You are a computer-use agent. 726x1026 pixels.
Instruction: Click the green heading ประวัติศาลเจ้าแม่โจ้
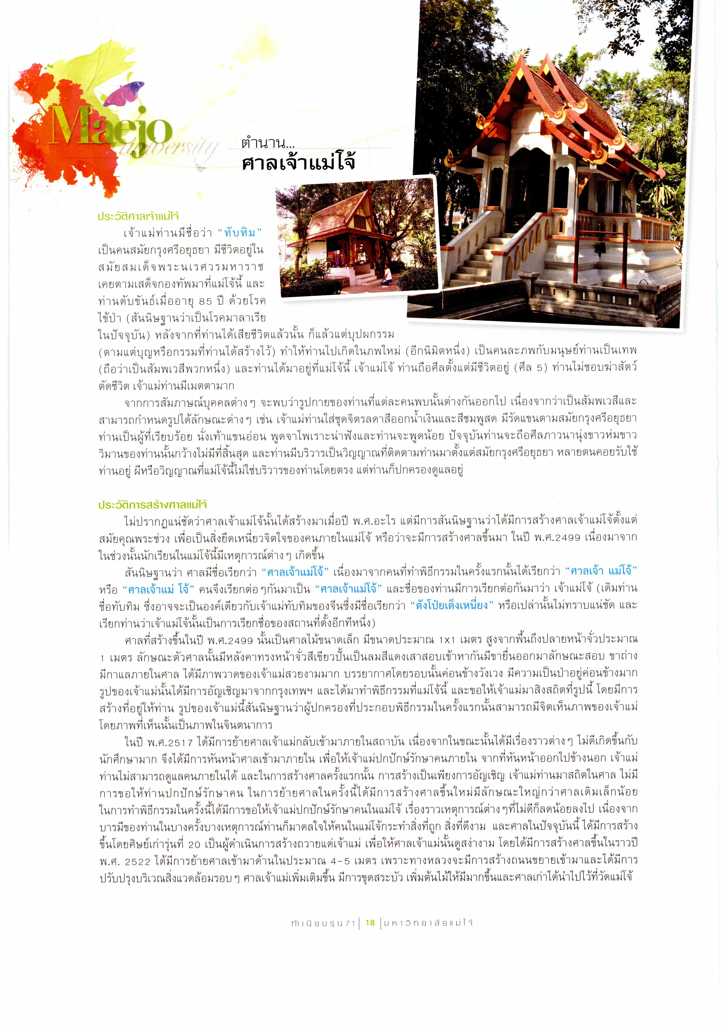click(x=138, y=216)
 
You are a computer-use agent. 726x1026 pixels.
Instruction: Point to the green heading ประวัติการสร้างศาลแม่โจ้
click(x=153, y=505)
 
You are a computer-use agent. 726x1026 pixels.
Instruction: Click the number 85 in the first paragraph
click(x=206, y=301)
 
